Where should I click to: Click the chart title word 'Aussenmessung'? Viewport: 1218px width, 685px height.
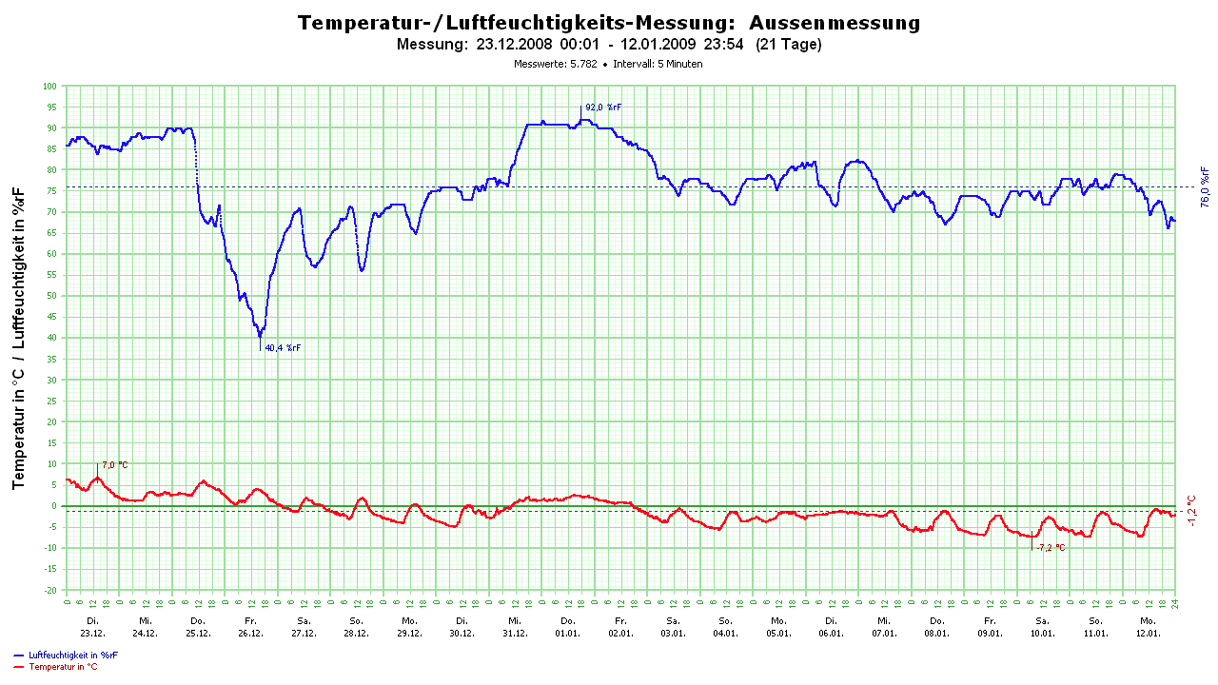(835, 23)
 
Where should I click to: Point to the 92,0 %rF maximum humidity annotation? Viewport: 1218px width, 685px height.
(602, 108)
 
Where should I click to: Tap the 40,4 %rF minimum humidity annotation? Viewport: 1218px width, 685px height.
(283, 348)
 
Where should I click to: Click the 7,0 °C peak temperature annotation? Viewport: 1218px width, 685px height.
(114, 465)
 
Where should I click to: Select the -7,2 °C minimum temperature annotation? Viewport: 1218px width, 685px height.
(1051, 548)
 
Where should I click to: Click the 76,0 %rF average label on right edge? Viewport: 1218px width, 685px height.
(1204, 186)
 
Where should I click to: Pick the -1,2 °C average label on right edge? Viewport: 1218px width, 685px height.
(1191, 511)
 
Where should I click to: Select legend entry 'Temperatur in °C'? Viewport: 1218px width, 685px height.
(63, 667)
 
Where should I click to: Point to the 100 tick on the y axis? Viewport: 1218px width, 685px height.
(50, 87)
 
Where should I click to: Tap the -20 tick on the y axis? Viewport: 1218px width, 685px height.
(51, 590)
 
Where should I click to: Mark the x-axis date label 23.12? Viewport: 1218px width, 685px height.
(92, 633)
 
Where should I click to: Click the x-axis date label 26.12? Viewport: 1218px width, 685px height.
(250, 633)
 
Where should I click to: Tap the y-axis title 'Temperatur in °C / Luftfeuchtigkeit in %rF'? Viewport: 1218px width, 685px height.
(19, 338)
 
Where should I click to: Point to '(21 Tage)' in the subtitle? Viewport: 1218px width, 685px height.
(788, 44)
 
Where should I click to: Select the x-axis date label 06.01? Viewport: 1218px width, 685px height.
(831, 633)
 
